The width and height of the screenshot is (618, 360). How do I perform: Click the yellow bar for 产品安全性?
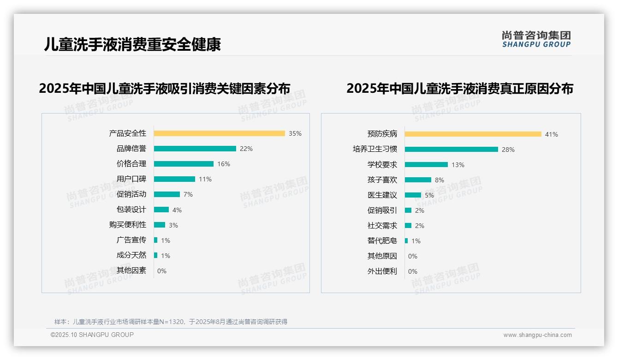pos(219,133)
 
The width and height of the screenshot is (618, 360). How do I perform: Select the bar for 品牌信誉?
pos(195,149)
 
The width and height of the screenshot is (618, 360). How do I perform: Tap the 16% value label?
pos(224,164)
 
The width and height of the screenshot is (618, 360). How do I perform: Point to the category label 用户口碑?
pos(131,179)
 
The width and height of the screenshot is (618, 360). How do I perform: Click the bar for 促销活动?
pos(166,194)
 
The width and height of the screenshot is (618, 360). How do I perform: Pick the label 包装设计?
pos(131,210)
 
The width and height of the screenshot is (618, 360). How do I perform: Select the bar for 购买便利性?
pos(159,225)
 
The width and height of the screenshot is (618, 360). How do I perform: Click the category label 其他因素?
pos(131,270)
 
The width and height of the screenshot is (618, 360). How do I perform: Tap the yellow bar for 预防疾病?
pos(473,134)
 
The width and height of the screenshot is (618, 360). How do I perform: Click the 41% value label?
pos(552,134)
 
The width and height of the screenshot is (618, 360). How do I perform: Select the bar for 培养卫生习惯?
pos(451,150)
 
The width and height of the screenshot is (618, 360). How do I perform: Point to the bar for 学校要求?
pos(426,165)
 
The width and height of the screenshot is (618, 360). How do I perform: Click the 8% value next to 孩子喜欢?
pos(440,180)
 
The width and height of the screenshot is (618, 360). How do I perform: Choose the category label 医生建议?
pos(382,195)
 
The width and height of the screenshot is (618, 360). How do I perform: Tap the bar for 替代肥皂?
pos(406,241)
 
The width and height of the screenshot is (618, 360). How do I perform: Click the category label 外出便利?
pos(382,271)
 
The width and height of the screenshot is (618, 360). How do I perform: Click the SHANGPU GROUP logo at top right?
pos(536,39)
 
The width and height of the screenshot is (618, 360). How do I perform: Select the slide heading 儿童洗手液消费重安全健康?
pos(132,44)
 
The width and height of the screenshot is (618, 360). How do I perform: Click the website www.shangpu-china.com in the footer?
pos(537,335)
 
